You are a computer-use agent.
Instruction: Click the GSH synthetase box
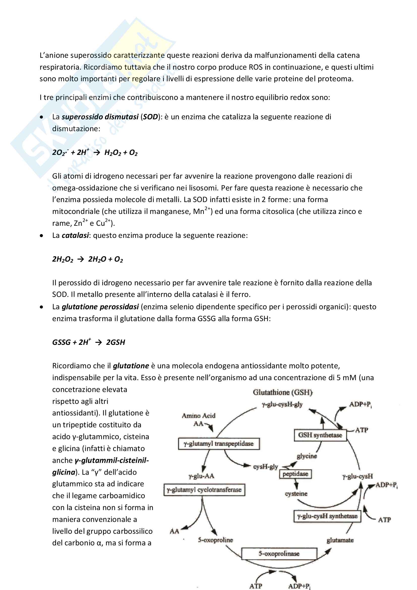coord(320,435)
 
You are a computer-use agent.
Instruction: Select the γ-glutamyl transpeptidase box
coord(219,444)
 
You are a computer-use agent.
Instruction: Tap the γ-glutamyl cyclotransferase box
coord(204,490)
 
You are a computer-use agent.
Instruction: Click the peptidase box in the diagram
coord(295,474)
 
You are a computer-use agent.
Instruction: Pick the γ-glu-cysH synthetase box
coord(327,516)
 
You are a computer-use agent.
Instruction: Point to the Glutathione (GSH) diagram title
coord(283,392)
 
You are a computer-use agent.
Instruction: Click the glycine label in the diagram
coord(307,456)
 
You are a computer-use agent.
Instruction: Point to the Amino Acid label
coord(198,415)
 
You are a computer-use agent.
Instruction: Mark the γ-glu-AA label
coord(201,476)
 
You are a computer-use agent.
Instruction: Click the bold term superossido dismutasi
coord(100,117)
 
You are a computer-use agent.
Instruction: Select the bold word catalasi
coord(75,235)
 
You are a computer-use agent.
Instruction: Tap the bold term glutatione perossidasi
coord(100,307)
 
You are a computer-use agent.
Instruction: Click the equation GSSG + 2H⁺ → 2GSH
coord(89,342)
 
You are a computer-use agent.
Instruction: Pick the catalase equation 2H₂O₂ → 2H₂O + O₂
coord(88,259)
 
